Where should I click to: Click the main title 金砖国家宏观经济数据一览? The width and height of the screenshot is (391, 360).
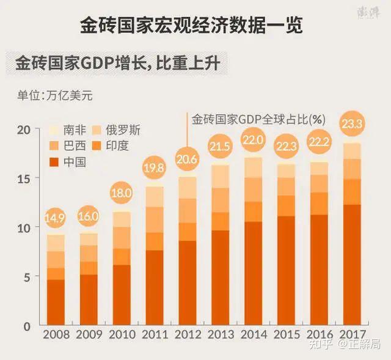[192, 26]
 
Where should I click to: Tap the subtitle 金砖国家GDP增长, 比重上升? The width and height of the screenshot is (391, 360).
[120, 63]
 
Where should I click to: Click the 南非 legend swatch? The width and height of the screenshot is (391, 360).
[54, 130]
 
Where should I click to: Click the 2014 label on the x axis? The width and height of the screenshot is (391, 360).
[253, 335]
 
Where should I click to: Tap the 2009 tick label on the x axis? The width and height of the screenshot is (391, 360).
[89, 335]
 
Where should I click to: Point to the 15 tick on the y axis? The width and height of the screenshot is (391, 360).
[23, 178]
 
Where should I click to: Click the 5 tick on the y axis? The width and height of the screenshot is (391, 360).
[26, 277]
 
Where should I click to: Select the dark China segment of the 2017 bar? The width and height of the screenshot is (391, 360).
[353, 263]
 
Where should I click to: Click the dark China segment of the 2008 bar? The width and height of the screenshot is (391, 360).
[56, 302]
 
